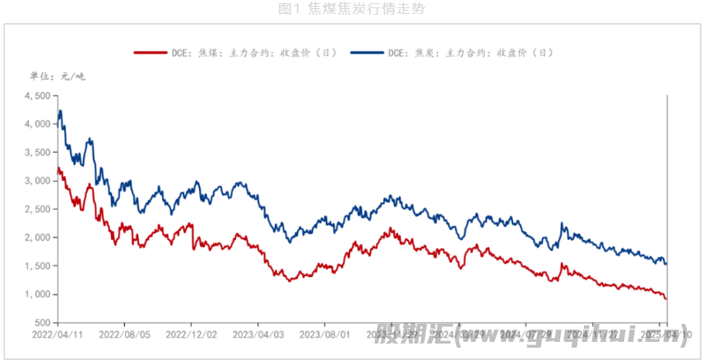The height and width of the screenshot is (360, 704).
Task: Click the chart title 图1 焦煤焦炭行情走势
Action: pos(352,9)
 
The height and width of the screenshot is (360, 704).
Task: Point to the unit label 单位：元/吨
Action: pos(57,76)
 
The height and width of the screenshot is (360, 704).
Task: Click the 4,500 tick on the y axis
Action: pos(39,95)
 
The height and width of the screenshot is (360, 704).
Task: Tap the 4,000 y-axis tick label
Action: pos(39,124)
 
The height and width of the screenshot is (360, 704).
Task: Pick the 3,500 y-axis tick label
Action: pos(39,153)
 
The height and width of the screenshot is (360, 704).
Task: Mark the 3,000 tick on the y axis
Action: pos(39,181)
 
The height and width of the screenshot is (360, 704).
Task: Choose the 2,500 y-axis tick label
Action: pos(39,210)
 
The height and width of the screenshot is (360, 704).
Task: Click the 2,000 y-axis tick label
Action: pos(39,238)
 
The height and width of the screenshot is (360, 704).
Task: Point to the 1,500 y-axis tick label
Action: pos(39,266)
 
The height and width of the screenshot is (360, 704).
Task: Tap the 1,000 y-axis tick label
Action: pos(39,294)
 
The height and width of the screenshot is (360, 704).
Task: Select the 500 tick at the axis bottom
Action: pos(44,323)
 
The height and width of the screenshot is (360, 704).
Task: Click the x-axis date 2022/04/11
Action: pos(58,335)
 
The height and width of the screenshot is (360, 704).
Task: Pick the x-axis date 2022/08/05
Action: pos(124,335)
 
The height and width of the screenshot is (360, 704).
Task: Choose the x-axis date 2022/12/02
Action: pos(191,335)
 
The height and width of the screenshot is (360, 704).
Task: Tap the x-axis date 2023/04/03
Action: pos(257,335)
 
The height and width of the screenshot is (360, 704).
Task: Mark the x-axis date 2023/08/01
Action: pos(324,335)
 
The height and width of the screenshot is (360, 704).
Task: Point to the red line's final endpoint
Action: pos(665,298)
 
